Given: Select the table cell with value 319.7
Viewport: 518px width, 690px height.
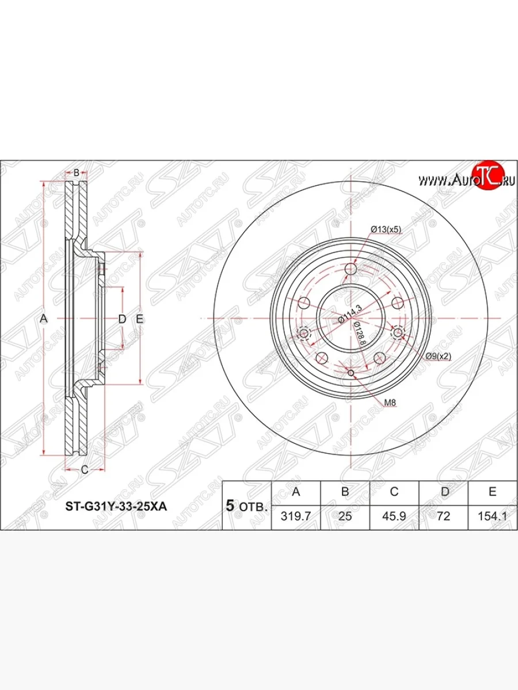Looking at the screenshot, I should point(295,516).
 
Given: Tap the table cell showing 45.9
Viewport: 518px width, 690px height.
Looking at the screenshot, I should point(394,516).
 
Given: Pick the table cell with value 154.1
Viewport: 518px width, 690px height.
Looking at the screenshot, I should point(492,516).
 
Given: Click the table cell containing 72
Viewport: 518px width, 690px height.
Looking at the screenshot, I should point(443,516).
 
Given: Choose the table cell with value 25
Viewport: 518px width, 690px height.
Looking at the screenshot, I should point(345,516).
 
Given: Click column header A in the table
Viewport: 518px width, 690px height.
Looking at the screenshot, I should point(295,492).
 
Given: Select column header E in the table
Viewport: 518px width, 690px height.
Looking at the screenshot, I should point(492,492).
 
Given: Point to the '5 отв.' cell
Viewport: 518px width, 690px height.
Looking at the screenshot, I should point(246,506).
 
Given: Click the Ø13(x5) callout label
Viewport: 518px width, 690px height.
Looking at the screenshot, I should point(385,229).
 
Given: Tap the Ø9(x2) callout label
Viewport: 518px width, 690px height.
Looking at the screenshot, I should point(439,356).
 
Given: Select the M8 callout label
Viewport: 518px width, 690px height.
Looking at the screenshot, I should point(390,402).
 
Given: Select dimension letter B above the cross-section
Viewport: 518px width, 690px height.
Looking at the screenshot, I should point(76,172).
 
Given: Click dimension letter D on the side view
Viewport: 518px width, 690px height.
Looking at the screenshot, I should point(121,318).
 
